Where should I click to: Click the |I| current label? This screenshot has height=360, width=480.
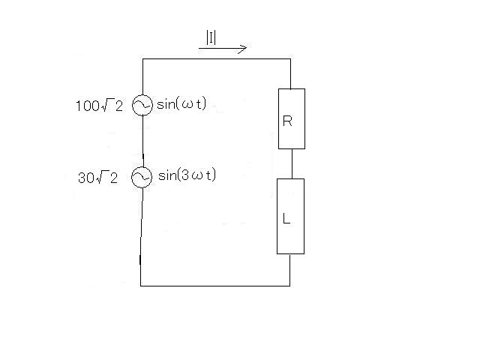click(211, 38)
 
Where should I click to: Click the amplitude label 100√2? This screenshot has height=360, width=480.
click(99, 106)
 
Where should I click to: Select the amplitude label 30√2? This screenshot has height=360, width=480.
click(97, 178)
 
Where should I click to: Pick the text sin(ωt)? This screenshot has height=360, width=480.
click(181, 104)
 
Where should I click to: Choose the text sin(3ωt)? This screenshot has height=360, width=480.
click(187, 175)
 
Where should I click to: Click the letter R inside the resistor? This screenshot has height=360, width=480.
click(287, 121)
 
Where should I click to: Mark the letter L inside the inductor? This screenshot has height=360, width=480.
click(286, 218)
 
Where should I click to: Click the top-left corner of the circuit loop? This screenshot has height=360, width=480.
click(142, 58)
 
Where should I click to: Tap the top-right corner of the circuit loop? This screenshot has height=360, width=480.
click(290, 58)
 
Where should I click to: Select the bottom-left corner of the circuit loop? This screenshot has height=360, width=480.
click(140, 286)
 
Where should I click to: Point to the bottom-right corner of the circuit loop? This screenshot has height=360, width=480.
click(290, 286)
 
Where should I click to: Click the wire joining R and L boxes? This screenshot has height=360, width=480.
click(292, 164)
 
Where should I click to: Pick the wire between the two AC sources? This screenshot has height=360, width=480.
click(143, 142)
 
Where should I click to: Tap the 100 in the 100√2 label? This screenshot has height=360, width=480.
click(88, 106)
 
